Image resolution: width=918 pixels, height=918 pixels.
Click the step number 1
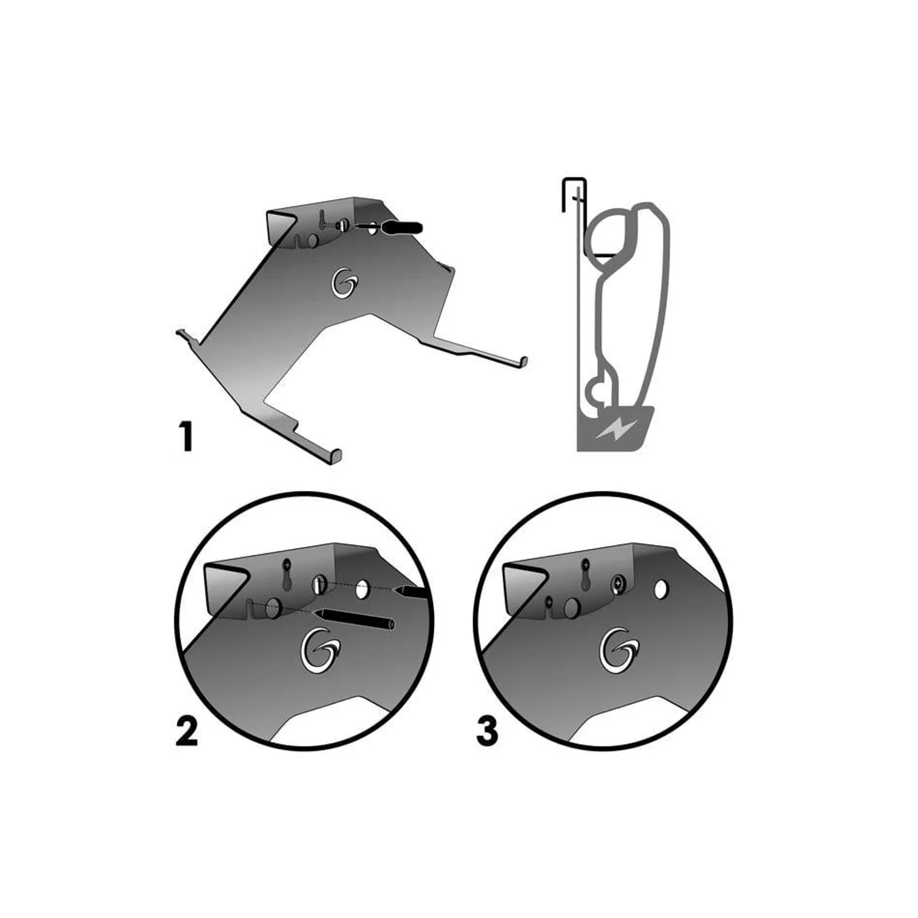186,437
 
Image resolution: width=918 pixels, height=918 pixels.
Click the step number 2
186,732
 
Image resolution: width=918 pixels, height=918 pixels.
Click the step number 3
487,732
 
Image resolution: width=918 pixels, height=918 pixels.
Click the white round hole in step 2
361,590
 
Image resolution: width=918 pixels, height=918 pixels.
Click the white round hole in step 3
661,589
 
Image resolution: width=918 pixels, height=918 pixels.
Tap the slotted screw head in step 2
319,586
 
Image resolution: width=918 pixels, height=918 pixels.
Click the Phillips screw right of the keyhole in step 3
618,585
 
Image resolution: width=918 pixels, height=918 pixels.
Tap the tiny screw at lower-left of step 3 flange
549,601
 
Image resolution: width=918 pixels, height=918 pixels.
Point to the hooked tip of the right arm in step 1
523,361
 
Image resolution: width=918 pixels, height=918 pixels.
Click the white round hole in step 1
374,228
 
